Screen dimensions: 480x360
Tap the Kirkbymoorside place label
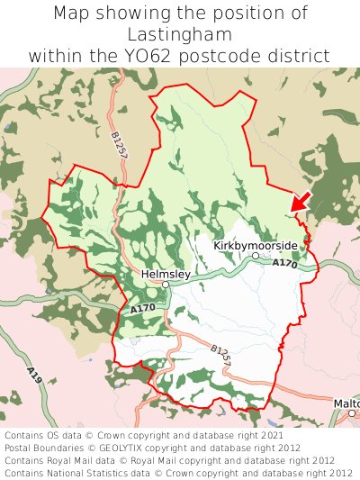[255, 245]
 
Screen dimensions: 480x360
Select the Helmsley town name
[166, 273]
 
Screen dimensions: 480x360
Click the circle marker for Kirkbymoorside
[256, 256]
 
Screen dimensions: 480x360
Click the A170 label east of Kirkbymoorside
[284, 263]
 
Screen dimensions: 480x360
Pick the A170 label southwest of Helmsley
[142, 309]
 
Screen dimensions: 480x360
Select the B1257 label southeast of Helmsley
[221, 355]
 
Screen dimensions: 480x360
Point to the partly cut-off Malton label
[346, 403]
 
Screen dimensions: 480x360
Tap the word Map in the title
[71, 13]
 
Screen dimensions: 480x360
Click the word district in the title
[301, 56]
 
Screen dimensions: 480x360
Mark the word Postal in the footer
[21, 447]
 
